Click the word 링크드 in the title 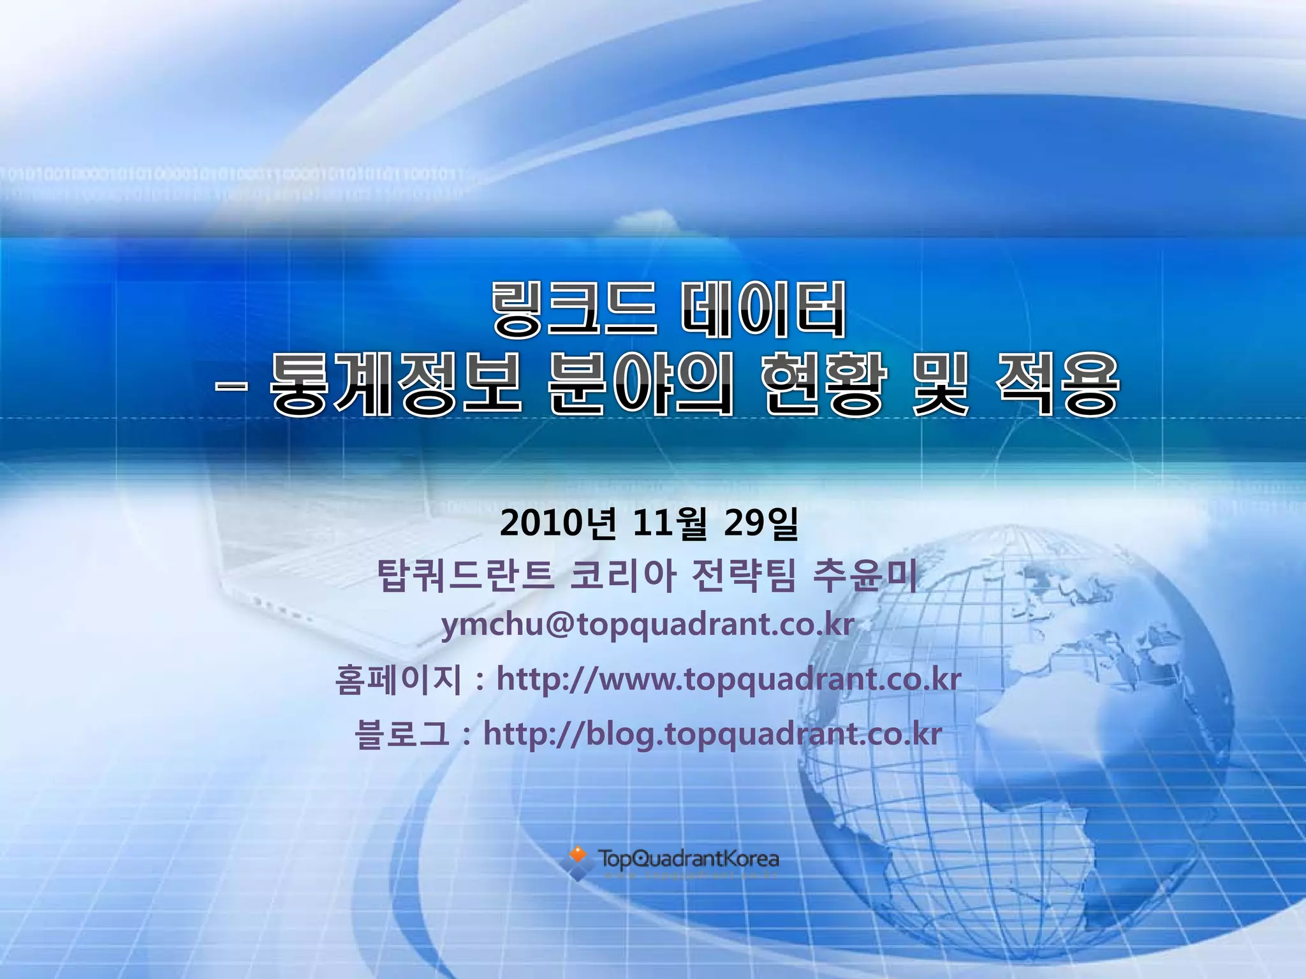point(573,310)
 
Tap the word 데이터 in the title point(763,310)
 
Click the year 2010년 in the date point(558,524)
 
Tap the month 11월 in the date point(670,524)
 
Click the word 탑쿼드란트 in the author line point(465,576)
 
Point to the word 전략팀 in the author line point(744,576)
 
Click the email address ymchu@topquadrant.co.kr point(648,625)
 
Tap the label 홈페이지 point(398,679)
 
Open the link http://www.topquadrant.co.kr point(728,679)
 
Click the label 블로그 point(402,734)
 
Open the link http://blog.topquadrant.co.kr point(712,734)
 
